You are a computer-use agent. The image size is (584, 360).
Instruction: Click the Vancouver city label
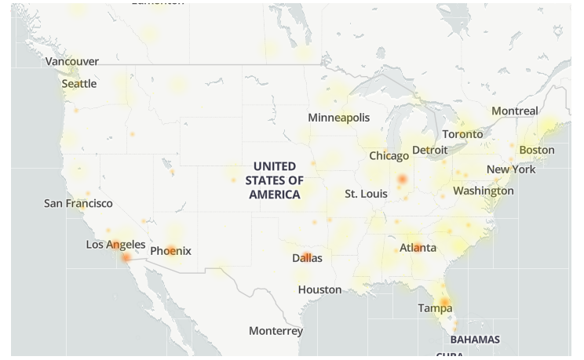(x=72, y=61)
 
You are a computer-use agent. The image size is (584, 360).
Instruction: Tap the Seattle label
(x=79, y=84)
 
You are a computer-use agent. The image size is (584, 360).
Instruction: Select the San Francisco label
(x=78, y=203)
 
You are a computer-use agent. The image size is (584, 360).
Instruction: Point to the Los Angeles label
(x=115, y=245)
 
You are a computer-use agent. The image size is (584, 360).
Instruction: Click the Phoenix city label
(x=170, y=251)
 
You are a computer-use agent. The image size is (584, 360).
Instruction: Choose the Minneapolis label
(x=338, y=118)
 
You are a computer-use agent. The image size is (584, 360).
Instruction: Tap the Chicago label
(x=389, y=156)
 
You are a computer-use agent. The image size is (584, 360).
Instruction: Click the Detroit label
(x=429, y=150)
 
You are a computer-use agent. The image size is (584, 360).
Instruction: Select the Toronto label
(x=462, y=134)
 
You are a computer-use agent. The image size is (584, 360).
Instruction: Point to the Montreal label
(x=515, y=111)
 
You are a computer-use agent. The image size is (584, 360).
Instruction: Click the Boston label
(x=537, y=150)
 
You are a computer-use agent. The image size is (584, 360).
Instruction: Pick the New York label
(x=511, y=169)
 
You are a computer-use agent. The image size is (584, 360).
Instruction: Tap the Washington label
(x=484, y=191)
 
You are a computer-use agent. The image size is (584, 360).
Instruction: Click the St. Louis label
(x=366, y=194)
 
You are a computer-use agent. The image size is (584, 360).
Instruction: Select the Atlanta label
(x=418, y=248)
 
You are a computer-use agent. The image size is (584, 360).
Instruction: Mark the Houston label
(x=319, y=289)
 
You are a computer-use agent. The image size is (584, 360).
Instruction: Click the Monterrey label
(x=276, y=331)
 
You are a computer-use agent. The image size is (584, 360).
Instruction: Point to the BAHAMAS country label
(x=475, y=340)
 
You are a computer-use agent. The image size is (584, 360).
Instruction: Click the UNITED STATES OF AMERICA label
(x=275, y=180)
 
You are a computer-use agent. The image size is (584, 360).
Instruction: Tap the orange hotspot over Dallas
(x=307, y=256)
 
